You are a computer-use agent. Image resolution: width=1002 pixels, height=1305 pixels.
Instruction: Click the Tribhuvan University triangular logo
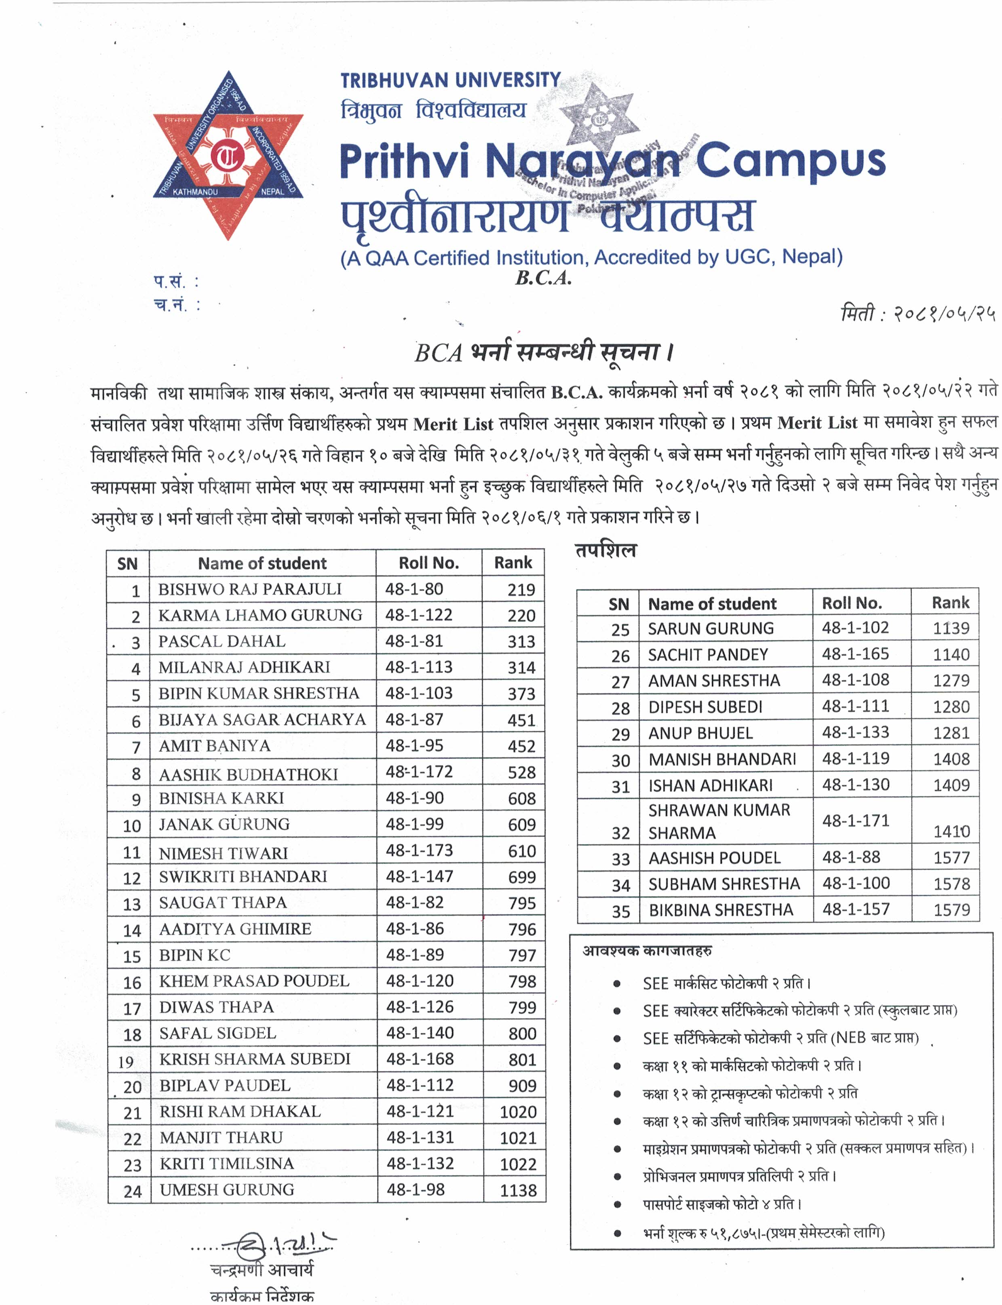[228, 156]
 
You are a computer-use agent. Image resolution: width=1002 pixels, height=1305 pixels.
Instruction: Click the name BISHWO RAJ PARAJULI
[249, 589]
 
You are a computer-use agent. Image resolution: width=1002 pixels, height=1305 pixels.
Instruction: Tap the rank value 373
[521, 694]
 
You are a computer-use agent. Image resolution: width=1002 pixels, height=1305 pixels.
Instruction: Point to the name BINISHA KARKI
[221, 798]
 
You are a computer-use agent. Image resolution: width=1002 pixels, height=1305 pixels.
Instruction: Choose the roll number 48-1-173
[419, 850]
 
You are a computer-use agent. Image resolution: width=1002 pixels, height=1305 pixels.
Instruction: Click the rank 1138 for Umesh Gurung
[518, 1191]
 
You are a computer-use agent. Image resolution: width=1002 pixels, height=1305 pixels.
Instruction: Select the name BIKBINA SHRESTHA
[721, 910]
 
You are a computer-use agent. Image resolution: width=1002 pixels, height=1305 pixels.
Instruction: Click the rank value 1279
[951, 681]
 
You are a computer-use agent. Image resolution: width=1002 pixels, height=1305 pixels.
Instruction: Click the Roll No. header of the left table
[428, 563]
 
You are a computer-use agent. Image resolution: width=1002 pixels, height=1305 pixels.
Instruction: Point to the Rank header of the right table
[950, 603]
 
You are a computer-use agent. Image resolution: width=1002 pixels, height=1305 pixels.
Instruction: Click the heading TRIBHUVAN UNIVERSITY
[450, 80]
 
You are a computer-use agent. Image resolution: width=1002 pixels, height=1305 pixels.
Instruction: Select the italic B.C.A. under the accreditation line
[543, 278]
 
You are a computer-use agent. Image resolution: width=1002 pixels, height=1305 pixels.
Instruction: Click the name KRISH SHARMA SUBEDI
[255, 1059]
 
